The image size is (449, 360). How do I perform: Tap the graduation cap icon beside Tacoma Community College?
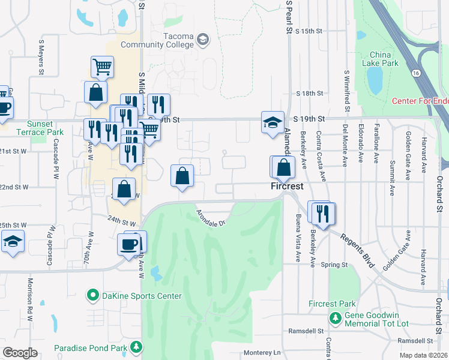pos(202,40)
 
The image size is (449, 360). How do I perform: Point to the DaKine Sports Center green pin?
pos(93,295)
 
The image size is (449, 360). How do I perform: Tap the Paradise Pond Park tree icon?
pos(137,347)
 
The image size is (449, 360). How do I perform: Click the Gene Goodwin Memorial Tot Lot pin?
pos(335,317)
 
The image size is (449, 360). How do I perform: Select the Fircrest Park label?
pos(333,304)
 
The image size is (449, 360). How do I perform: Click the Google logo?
pos(20,353)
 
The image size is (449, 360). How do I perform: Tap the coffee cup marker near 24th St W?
pos(130,244)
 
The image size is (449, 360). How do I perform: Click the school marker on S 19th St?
pos(273,122)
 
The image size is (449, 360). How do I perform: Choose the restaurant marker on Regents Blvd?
pos(324,213)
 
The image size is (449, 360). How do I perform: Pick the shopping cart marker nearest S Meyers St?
pos(102,67)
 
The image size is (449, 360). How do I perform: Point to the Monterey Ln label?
pos(262,353)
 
